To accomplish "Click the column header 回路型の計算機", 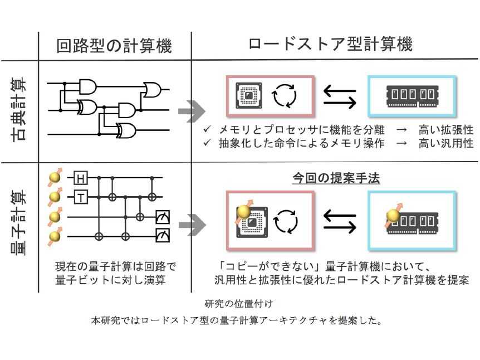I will pyautogui.click(x=115, y=46).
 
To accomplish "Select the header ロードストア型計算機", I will pyautogui.click(x=331, y=45).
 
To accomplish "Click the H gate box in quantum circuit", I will pyautogui.click(x=81, y=178).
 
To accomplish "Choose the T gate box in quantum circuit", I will pyautogui.click(x=81, y=197).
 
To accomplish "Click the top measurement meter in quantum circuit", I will pyautogui.click(x=162, y=216).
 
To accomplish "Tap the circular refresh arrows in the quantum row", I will pyautogui.click(x=286, y=220).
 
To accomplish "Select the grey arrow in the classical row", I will pyautogui.click(x=189, y=111).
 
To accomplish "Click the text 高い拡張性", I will pyautogui.click(x=446, y=130).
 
